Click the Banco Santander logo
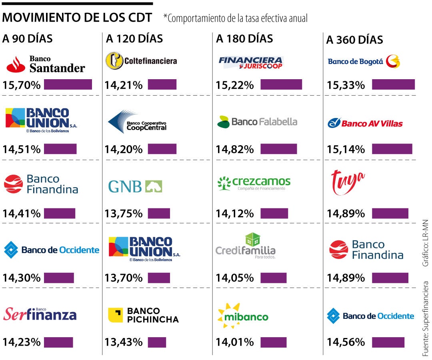(x=46, y=64)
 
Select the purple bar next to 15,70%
(x=68, y=84)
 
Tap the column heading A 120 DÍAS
(x=134, y=39)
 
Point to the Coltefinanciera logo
(x=141, y=61)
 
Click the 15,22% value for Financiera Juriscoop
(x=235, y=85)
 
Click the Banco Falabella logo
(x=257, y=122)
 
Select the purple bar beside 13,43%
(x=157, y=342)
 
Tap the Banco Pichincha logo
(x=144, y=315)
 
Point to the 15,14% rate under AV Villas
(x=346, y=149)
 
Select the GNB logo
(x=135, y=186)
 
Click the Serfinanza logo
(x=40, y=314)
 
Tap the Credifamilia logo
(x=246, y=246)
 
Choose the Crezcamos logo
(x=254, y=183)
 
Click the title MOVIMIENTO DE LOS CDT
(x=77, y=18)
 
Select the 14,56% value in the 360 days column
(x=346, y=342)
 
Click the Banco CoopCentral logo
(x=137, y=122)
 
